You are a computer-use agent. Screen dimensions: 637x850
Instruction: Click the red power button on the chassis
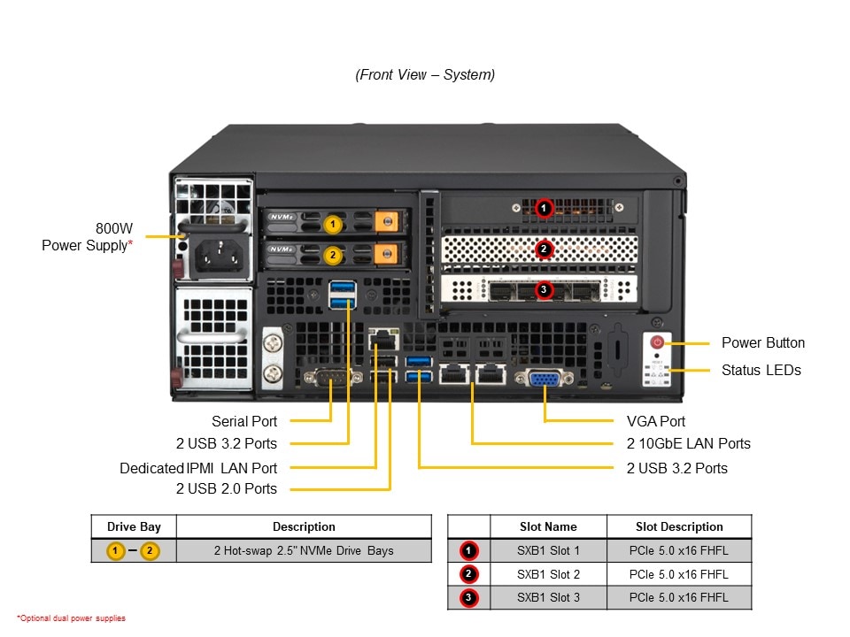(x=658, y=342)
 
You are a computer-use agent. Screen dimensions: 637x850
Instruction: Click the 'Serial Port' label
(x=244, y=421)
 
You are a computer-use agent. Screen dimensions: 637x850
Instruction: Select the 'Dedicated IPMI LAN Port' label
(x=198, y=468)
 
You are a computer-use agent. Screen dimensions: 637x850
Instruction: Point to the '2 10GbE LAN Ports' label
(x=688, y=443)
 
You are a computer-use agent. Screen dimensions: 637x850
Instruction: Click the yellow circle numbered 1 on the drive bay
(x=332, y=224)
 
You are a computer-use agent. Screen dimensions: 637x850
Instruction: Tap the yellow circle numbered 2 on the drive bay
(x=332, y=255)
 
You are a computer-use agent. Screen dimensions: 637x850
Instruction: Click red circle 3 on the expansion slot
(x=544, y=289)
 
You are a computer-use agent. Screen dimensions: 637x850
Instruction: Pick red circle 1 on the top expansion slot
(x=544, y=209)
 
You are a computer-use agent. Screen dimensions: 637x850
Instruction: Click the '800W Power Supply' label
(x=88, y=236)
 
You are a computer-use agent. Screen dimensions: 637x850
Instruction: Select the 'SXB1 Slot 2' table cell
(x=548, y=574)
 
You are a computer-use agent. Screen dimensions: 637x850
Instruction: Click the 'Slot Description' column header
(x=679, y=526)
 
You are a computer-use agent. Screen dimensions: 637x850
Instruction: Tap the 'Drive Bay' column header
(x=134, y=526)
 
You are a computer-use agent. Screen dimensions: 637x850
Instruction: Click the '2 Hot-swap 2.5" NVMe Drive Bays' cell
(x=304, y=550)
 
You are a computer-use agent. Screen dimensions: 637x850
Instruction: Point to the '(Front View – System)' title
(x=425, y=75)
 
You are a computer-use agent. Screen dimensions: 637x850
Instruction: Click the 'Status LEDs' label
(x=761, y=370)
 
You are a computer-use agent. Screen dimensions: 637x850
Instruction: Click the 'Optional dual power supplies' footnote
(x=71, y=618)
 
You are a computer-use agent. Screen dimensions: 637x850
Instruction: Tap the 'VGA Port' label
(x=656, y=421)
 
